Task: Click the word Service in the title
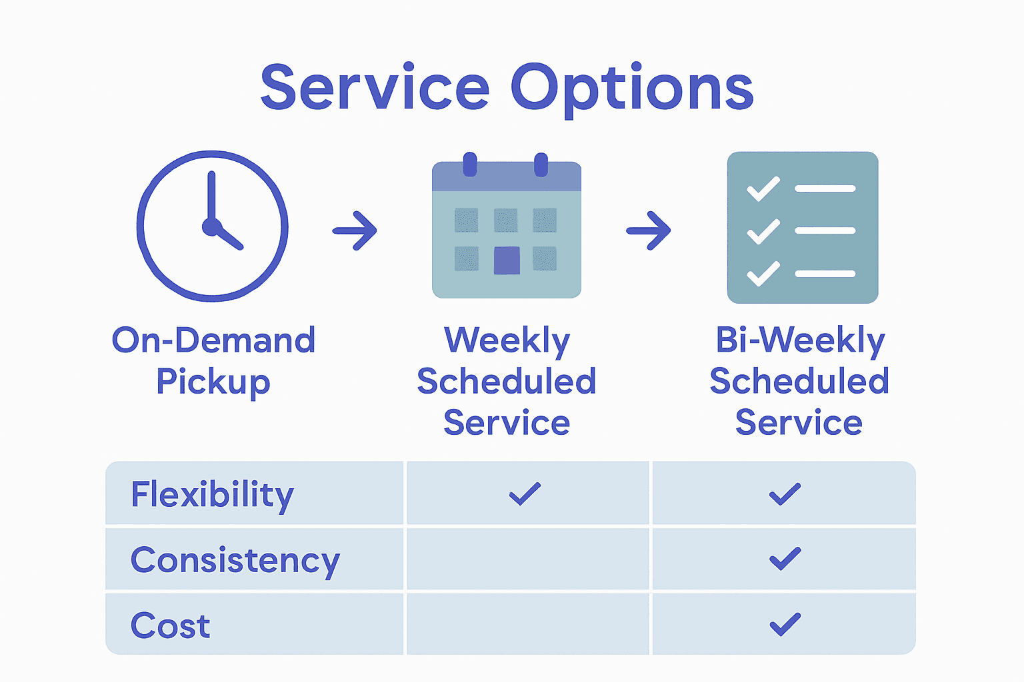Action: [375, 88]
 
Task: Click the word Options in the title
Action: [632, 89]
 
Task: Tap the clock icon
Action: [213, 226]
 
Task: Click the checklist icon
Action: [802, 228]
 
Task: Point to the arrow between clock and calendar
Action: [355, 230]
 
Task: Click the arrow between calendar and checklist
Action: [649, 230]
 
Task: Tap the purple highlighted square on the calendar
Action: [507, 260]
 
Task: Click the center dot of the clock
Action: [211, 227]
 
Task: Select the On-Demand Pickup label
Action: [213, 360]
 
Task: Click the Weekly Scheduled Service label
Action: [507, 381]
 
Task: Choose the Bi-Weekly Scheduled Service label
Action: [799, 381]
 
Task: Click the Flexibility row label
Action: [212, 494]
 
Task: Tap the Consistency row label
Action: [235, 560]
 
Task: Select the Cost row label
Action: [171, 625]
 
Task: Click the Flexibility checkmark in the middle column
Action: [525, 494]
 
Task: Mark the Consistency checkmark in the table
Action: [785, 559]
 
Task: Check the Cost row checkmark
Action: [785, 624]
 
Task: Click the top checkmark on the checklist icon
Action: [763, 188]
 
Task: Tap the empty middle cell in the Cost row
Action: [528, 625]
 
